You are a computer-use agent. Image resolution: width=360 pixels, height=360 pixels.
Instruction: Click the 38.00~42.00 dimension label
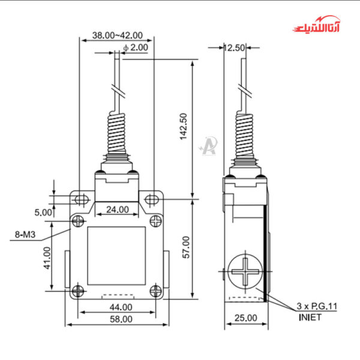tap(117, 35)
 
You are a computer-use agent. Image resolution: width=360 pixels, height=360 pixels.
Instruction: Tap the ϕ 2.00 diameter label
tap(135, 47)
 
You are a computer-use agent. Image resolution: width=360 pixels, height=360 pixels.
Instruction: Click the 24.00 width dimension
tap(117, 209)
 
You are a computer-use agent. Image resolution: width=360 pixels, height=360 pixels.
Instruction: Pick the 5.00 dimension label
tap(43, 212)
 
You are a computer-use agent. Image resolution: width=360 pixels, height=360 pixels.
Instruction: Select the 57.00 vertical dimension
tap(185, 247)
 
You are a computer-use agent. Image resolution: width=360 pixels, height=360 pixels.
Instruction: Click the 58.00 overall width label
tap(117, 319)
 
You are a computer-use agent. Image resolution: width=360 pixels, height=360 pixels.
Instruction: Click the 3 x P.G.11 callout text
tap(317, 306)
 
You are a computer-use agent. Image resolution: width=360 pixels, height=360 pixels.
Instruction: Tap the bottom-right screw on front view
tap(155, 291)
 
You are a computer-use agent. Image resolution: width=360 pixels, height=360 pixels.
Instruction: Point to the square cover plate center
tap(117, 256)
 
